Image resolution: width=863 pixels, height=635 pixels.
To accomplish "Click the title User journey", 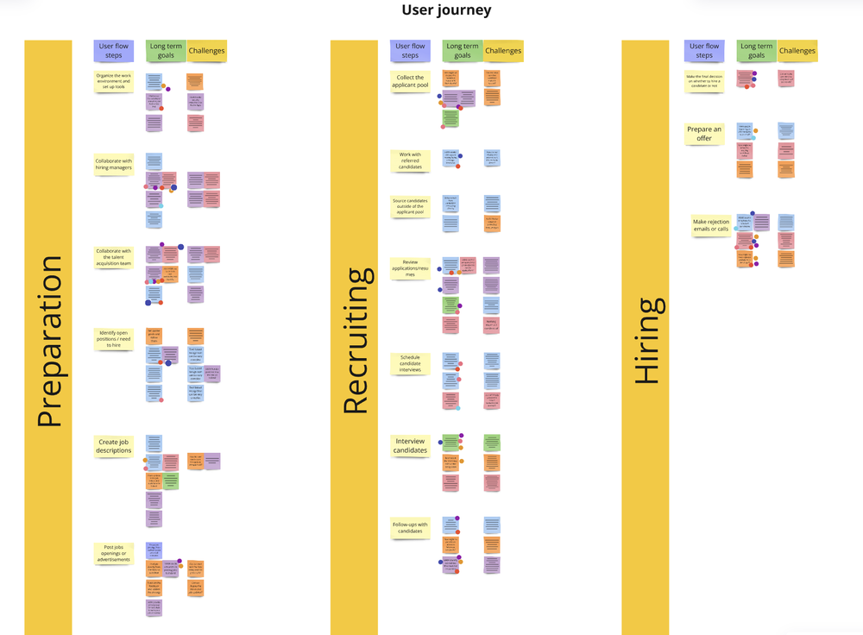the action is coord(446,10).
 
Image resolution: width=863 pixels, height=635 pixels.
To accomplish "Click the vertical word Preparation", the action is coord(48,341).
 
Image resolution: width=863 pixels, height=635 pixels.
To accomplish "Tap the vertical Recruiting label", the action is coord(356,341).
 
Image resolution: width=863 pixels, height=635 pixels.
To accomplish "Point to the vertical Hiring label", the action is coord(646,341).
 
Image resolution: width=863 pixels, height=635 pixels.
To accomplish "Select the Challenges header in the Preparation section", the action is coord(206,51).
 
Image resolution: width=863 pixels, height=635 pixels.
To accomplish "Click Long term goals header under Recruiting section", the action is coord(462,51).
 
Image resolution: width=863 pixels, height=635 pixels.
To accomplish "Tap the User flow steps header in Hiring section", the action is coord(704,51).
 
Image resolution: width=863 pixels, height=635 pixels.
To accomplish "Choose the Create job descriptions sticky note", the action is coord(114,446).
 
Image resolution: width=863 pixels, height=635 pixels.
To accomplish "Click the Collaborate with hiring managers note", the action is coord(114,164).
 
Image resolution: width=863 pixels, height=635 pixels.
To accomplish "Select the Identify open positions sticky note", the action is coord(114,339).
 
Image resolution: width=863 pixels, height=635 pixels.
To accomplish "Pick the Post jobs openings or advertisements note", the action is coord(114,553).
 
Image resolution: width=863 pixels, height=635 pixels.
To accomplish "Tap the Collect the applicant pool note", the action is coord(410,81).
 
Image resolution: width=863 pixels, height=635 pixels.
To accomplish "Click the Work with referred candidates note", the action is coord(410,160).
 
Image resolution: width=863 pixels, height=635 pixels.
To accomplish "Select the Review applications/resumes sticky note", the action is coord(410,267).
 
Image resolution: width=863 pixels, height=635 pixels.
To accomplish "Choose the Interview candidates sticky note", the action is coord(410,446).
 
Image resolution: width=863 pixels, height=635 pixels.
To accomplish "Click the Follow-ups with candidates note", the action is coord(410,528).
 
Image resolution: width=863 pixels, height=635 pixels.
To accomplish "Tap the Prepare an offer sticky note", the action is coord(704,134).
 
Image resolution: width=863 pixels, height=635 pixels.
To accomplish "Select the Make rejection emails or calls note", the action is coord(710,225).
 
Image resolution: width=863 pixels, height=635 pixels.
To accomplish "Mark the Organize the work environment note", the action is coord(114,82).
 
